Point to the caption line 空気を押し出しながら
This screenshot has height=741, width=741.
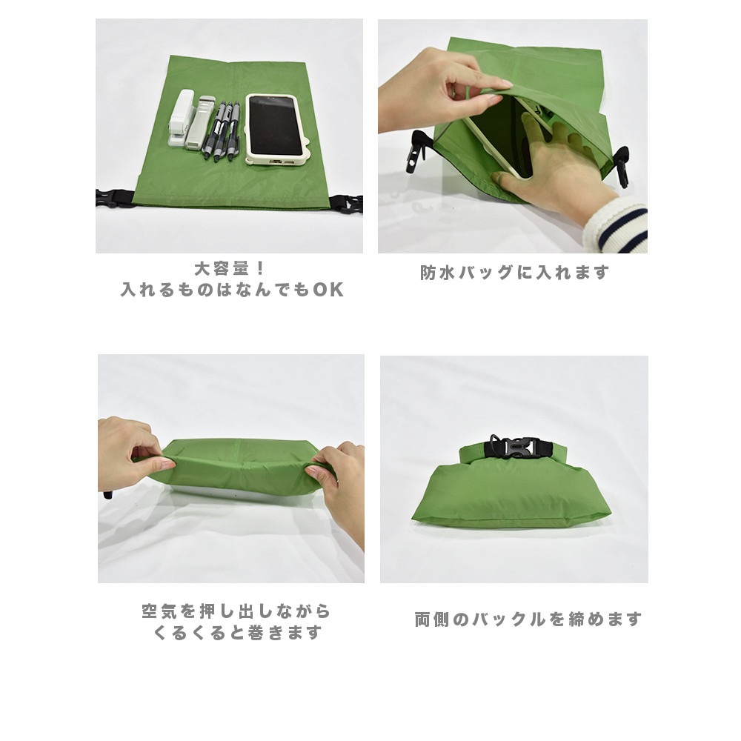tap(236, 612)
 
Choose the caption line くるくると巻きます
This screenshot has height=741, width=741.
tap(238, 634)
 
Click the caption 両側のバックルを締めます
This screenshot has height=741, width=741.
tap(528, 619)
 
